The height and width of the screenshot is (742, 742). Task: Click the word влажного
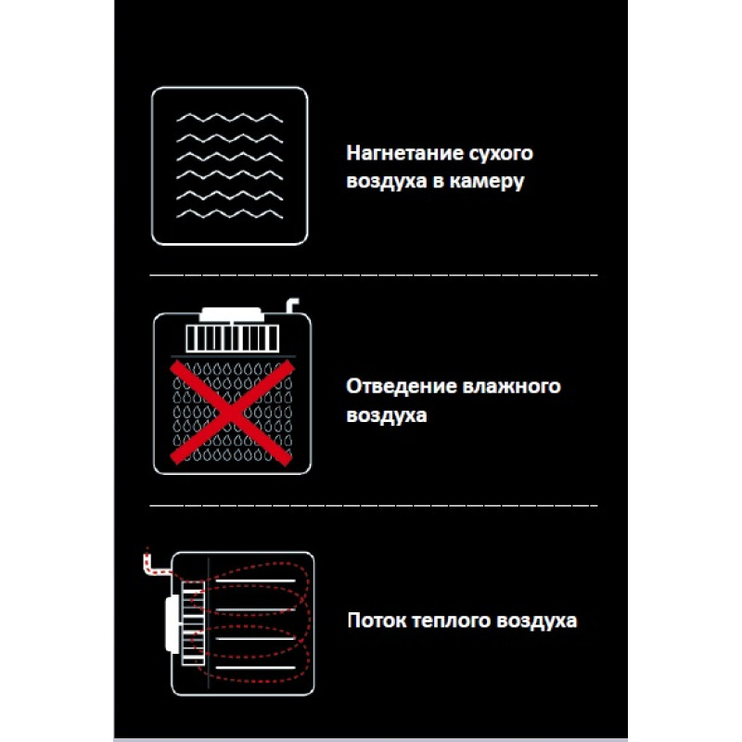pos(512,387)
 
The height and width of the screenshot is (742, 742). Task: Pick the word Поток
pos(377,620)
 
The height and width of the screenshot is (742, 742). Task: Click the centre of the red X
pos(231,413)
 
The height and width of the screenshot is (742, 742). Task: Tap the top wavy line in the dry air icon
pos(229,118)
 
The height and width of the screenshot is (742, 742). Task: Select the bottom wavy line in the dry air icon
pos(229,214)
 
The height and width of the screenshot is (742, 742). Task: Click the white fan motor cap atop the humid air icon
pos(231,314)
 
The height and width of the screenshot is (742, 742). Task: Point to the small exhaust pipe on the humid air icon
pos(291,305)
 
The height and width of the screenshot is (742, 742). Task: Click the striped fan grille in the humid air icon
pos(232,338)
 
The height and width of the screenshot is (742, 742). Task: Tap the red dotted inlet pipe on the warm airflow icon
pos(155,564)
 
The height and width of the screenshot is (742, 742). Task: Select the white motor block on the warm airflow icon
pos(173,623)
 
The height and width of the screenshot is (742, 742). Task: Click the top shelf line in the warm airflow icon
pos(255,581)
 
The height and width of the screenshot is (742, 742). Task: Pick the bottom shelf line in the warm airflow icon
pos(255,668)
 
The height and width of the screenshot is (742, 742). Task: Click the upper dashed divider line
pos(374,275)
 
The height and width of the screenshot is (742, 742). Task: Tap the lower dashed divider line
pos(374,505)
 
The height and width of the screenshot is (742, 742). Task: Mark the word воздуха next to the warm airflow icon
pos(537,620)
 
